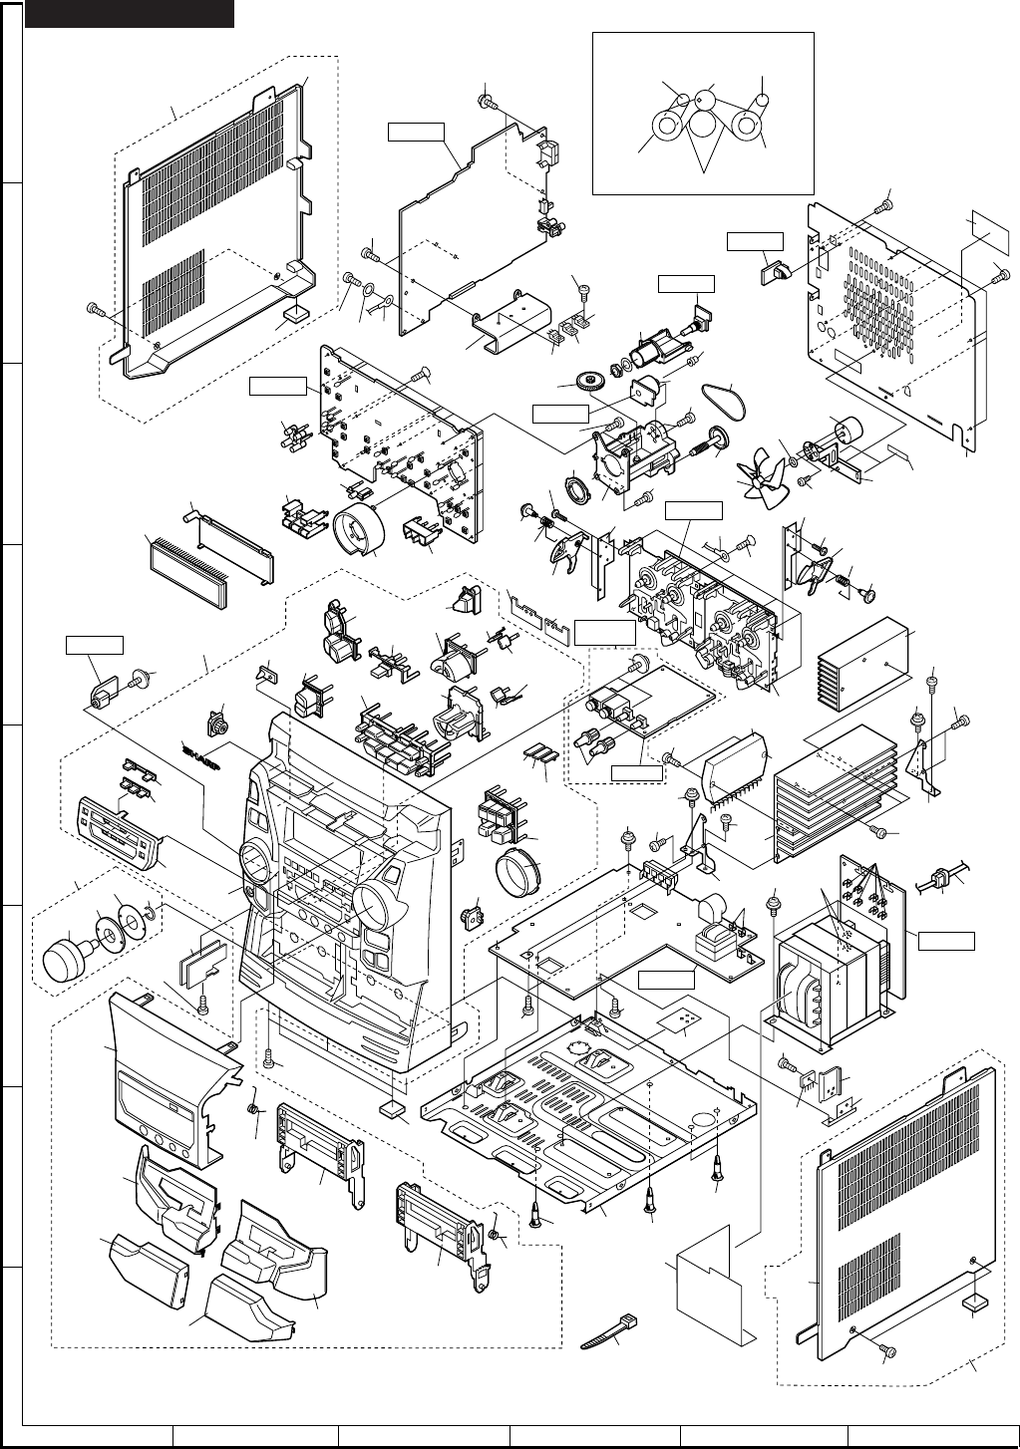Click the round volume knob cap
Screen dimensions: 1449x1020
[68, 959]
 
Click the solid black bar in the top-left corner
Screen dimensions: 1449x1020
[130, 14]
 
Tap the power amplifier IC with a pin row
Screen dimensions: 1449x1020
[737, 770]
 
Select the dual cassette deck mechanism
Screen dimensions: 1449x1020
[698, 598]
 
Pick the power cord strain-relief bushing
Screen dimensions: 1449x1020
[937, 881]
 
